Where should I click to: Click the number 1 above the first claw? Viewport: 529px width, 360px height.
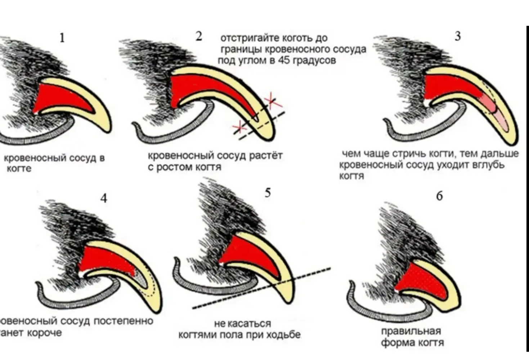pos(62,37)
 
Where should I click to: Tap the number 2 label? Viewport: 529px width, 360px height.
pos(199,36)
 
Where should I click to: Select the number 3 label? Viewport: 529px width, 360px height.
pos(458,36)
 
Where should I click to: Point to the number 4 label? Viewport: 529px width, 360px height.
pos(104,198)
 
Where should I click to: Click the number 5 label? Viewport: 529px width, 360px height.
pos(268,193)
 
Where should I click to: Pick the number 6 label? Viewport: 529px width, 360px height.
pos(439,196)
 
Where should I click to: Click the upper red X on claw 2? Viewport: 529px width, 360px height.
pos(273,101)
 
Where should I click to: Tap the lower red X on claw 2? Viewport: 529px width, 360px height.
pos(238,127)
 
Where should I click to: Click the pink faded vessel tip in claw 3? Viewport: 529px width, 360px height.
pos(497,112)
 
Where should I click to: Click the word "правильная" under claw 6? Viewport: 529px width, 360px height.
pos(411,331)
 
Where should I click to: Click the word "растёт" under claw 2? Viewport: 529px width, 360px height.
pos(265,156)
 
